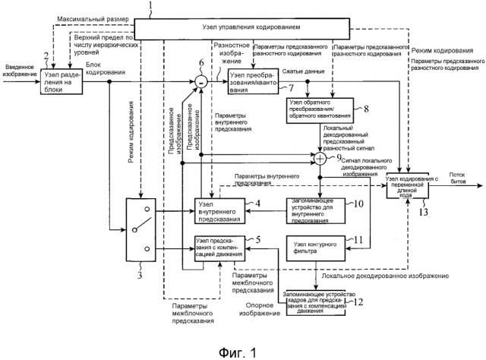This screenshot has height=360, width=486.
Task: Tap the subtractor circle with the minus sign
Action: (x=202, y=79)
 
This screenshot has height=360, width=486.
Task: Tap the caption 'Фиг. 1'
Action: (x=239, y=344)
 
